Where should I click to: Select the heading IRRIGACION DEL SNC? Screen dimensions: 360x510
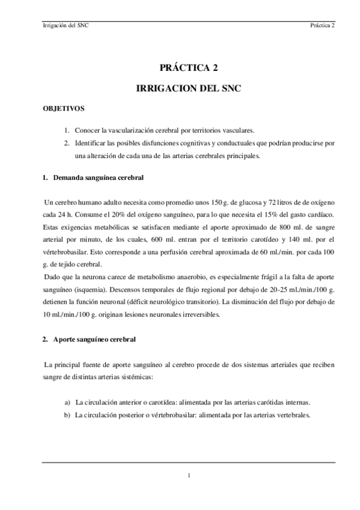[x=189, y=88]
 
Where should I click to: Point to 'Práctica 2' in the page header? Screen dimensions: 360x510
[x=323, y=26]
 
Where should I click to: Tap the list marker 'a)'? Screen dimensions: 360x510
[x=67, y=402]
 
